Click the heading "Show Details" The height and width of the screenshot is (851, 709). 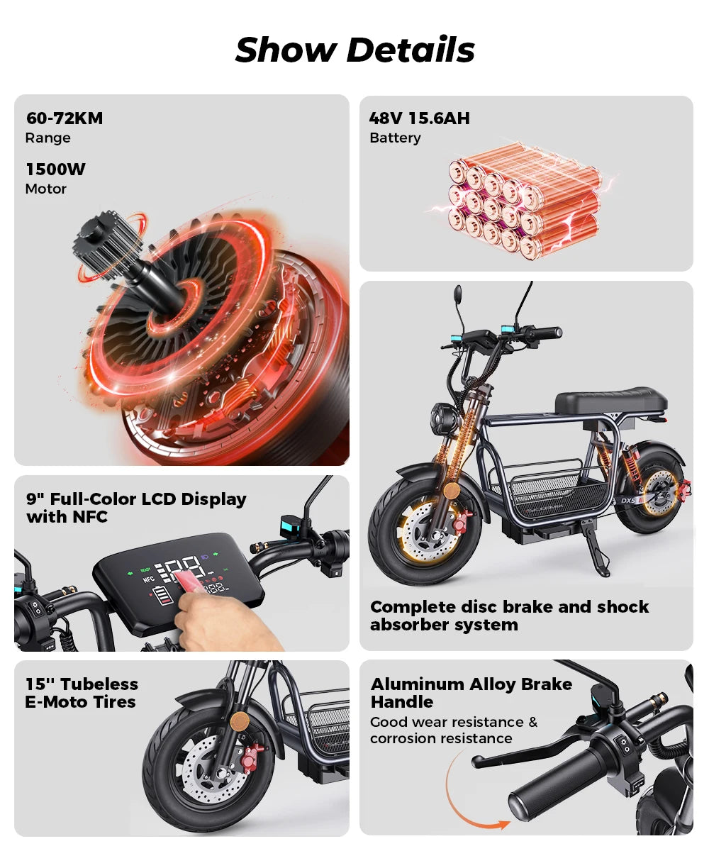click(x=354, y=50)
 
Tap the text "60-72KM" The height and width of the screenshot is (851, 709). click(x=65, y=118)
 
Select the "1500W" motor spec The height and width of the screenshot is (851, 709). click(x=55, y=169)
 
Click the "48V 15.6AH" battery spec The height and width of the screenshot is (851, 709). click(x=419, y=118)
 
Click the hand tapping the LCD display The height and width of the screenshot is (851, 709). click(x=213, y=621)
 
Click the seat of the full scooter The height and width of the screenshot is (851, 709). click(x=610, y=401)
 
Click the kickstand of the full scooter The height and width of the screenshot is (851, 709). click(x=596, y=553)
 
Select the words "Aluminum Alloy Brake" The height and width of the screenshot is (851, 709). click(x=471, y=684)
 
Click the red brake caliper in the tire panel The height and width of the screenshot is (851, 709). click(x=250, y=760)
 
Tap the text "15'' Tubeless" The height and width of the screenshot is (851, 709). click(x=82, y=684)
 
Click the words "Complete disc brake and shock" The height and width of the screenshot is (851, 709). click(x=509, y=607)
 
